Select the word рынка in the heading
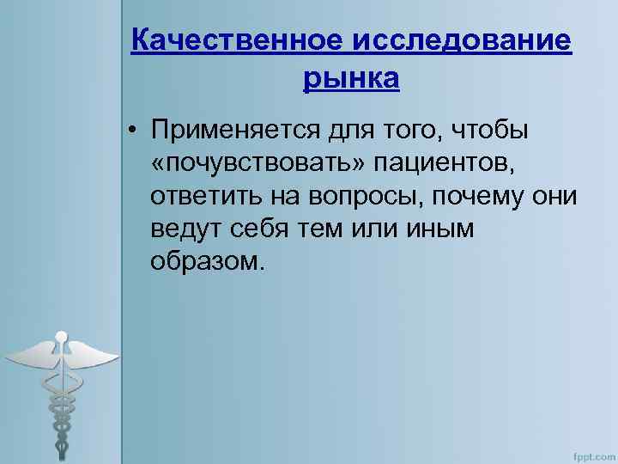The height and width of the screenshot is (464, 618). pyautogui.click(x=351, y=79)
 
